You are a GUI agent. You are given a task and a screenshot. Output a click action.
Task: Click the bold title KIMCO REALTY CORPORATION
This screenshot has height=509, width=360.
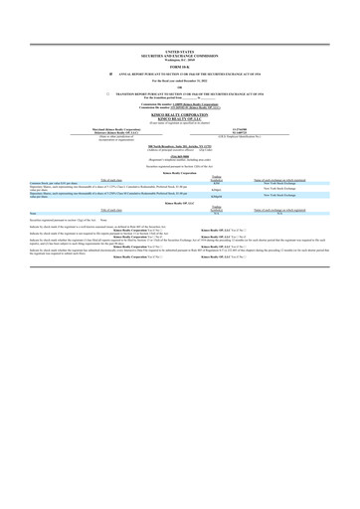pyautogui.click(x=180, y=114)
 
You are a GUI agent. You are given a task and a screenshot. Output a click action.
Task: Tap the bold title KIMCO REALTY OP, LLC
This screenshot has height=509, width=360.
pyautogui.click(x=180, y=118)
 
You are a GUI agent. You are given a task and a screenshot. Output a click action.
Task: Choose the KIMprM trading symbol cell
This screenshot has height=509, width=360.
pyautogui.click(x=189, y=197)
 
